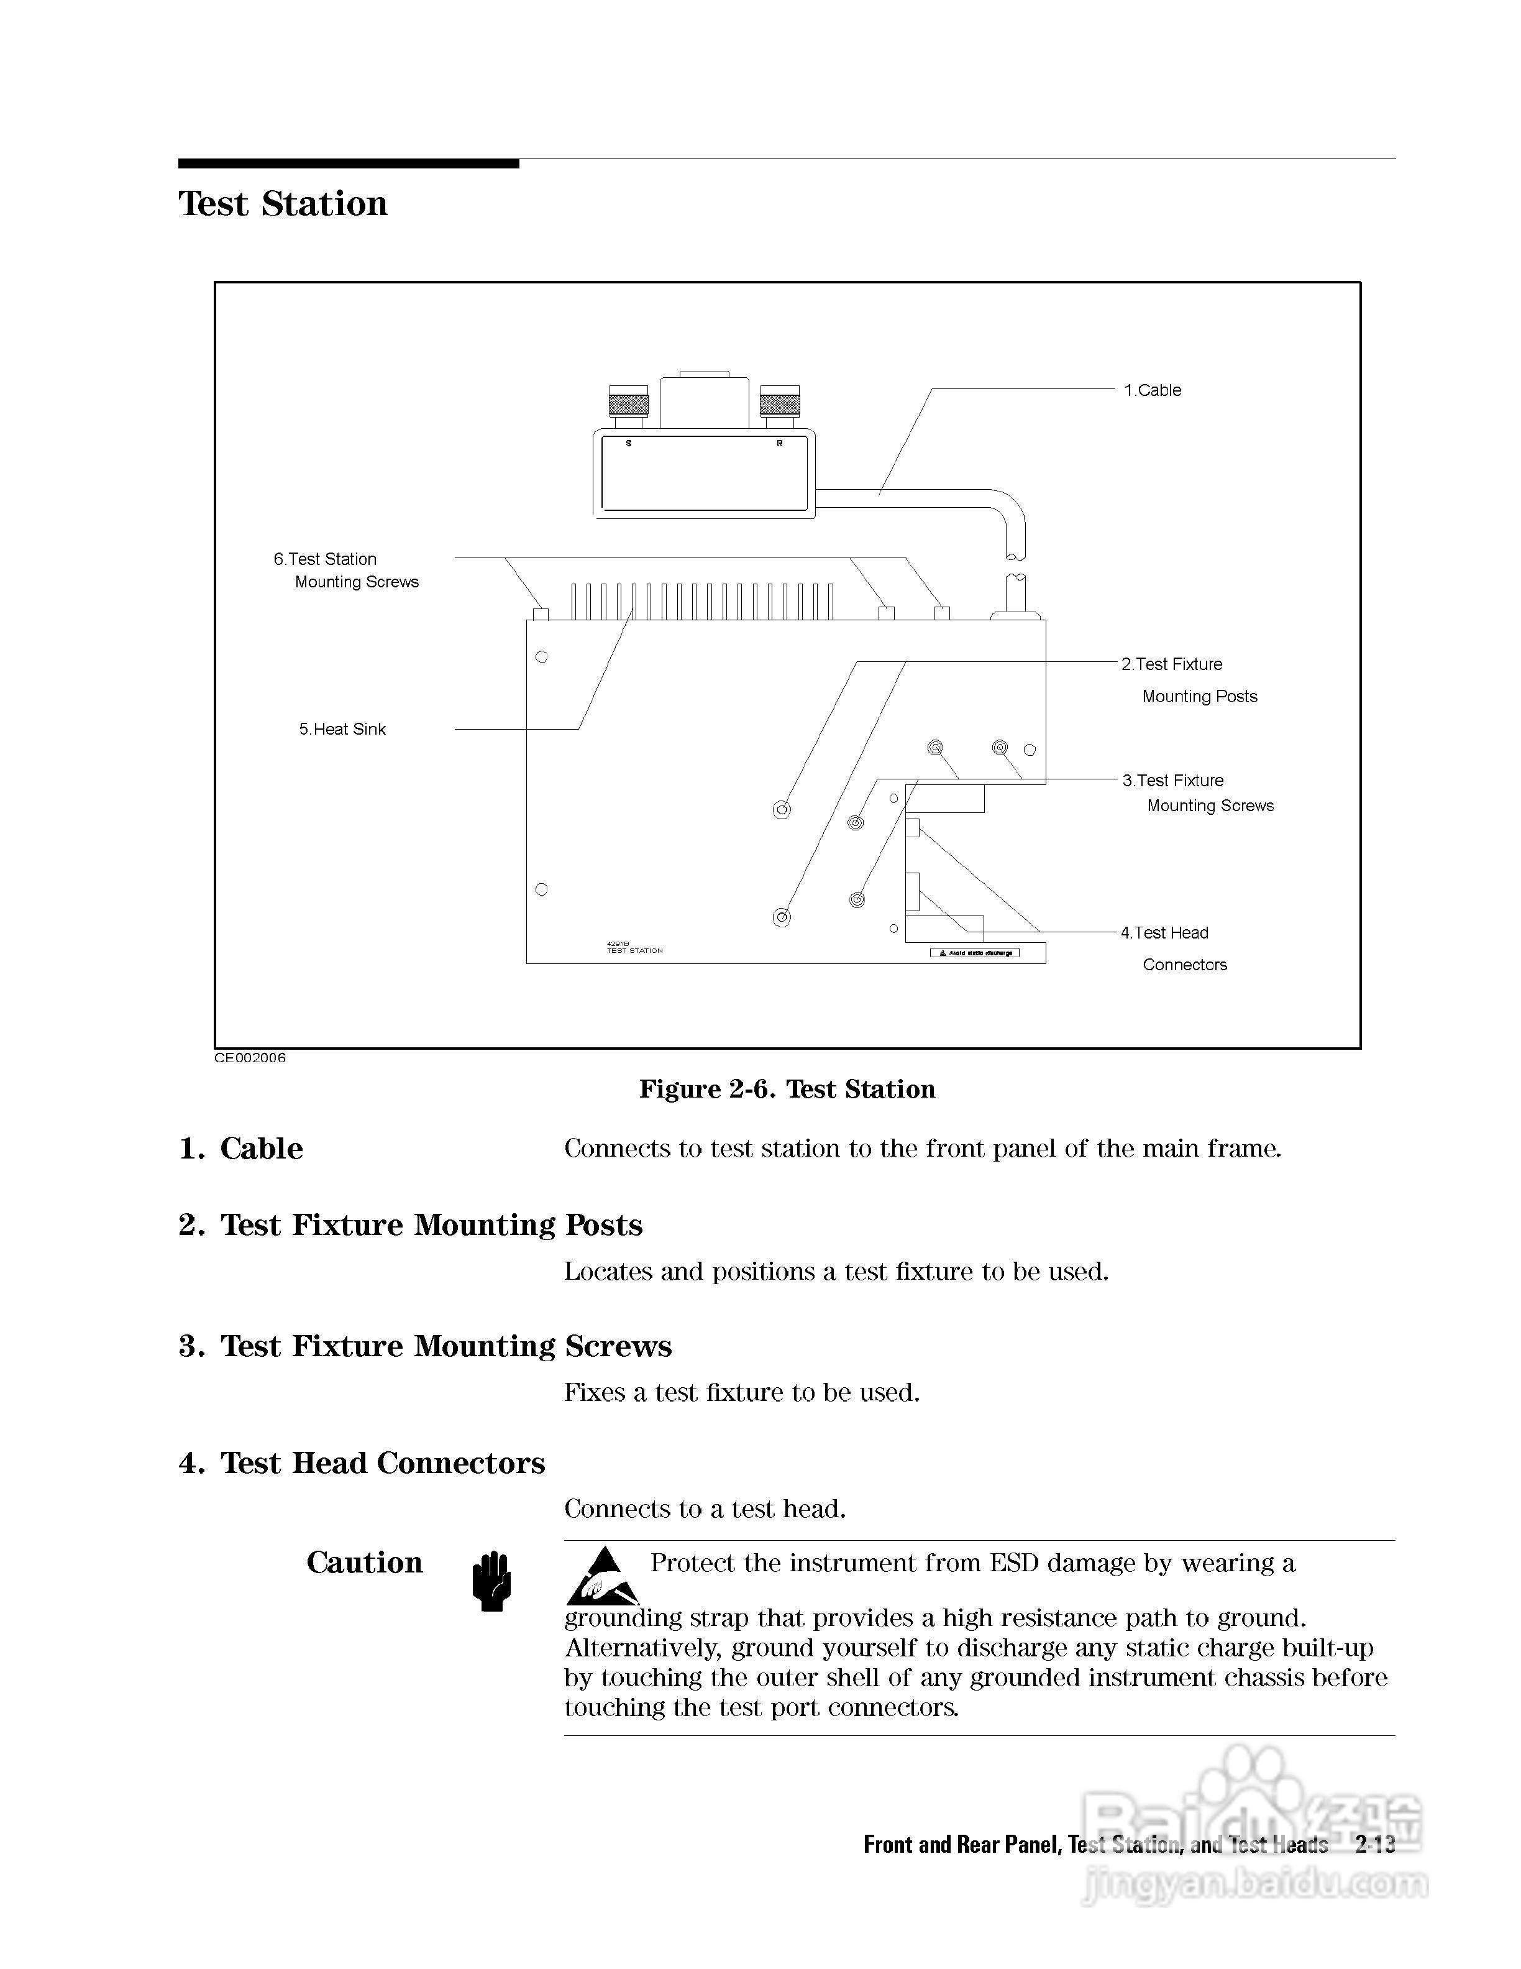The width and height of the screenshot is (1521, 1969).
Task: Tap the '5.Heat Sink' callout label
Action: [x=342, y=729]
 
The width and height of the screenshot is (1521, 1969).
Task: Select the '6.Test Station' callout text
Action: [x=326, y=559]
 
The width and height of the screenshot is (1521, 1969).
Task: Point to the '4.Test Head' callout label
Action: [x=1164, y=933]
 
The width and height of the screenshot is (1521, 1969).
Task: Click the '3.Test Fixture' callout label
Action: [x=1172, y=781]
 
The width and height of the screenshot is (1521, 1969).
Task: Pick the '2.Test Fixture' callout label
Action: [x=1171, y=664]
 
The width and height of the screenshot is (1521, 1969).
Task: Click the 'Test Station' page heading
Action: [x=283, y=204]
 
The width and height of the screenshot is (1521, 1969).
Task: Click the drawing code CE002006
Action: [x=250, y=1058]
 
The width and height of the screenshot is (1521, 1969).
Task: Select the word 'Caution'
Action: [x=364, y=1563]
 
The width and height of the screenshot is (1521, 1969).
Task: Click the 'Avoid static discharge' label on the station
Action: [x=975, y=953]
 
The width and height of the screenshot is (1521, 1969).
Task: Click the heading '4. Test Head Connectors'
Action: [x=362, y=1462]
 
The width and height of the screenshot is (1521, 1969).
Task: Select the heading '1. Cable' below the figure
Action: [x=240, y=1149]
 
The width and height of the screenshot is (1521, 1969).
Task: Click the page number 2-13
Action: [x=1375, y=1845]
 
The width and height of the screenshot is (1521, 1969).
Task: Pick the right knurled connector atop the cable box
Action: [x=779, y=402]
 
